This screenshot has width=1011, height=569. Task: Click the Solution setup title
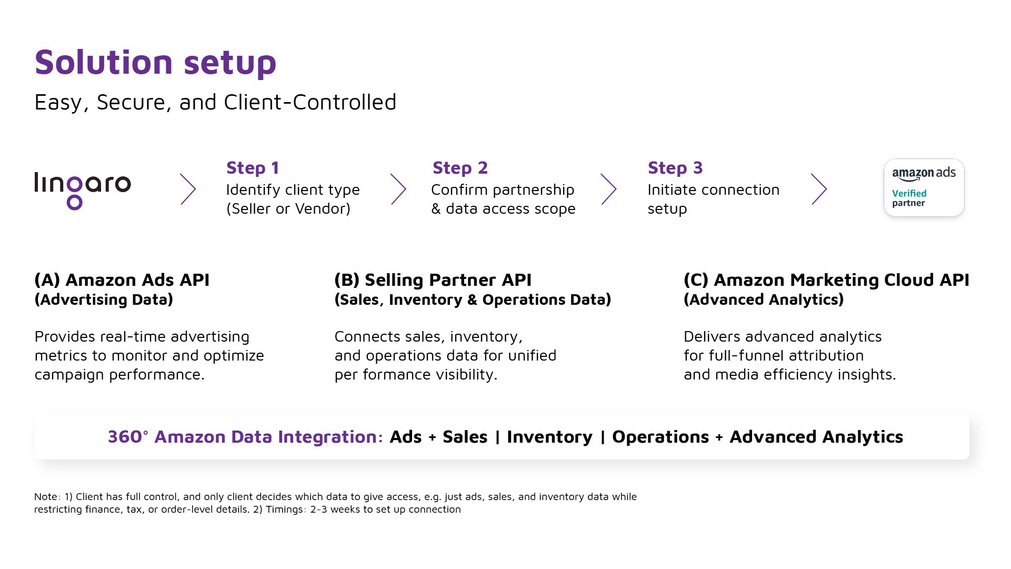coord(155,63)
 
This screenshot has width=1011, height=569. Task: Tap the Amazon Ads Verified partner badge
coord(924,188)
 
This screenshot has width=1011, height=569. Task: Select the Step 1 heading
coord(253,168)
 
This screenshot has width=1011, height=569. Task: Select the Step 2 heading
coord(460,168)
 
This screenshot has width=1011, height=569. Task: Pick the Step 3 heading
coord(675,168)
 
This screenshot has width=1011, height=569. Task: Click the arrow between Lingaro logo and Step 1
coord(188,189)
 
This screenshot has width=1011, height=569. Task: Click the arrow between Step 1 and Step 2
coord(398,189)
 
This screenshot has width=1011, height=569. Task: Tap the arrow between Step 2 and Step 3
coord(608,189)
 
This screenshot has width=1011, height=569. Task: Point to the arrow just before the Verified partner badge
coord(819,189)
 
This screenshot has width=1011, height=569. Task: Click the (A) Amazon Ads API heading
coord(122,280)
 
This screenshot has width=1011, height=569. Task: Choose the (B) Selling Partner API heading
coord(433,280)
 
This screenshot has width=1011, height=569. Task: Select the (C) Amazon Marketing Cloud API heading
coord(826,280)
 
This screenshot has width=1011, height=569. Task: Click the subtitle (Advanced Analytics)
coord(764,300)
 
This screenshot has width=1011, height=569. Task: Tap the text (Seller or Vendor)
coord(288,209)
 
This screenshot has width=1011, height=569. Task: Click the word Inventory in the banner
coord(549,437)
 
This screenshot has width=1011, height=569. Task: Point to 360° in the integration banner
coord(127,437)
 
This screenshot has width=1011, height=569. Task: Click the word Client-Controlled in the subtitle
coord(310,103)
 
